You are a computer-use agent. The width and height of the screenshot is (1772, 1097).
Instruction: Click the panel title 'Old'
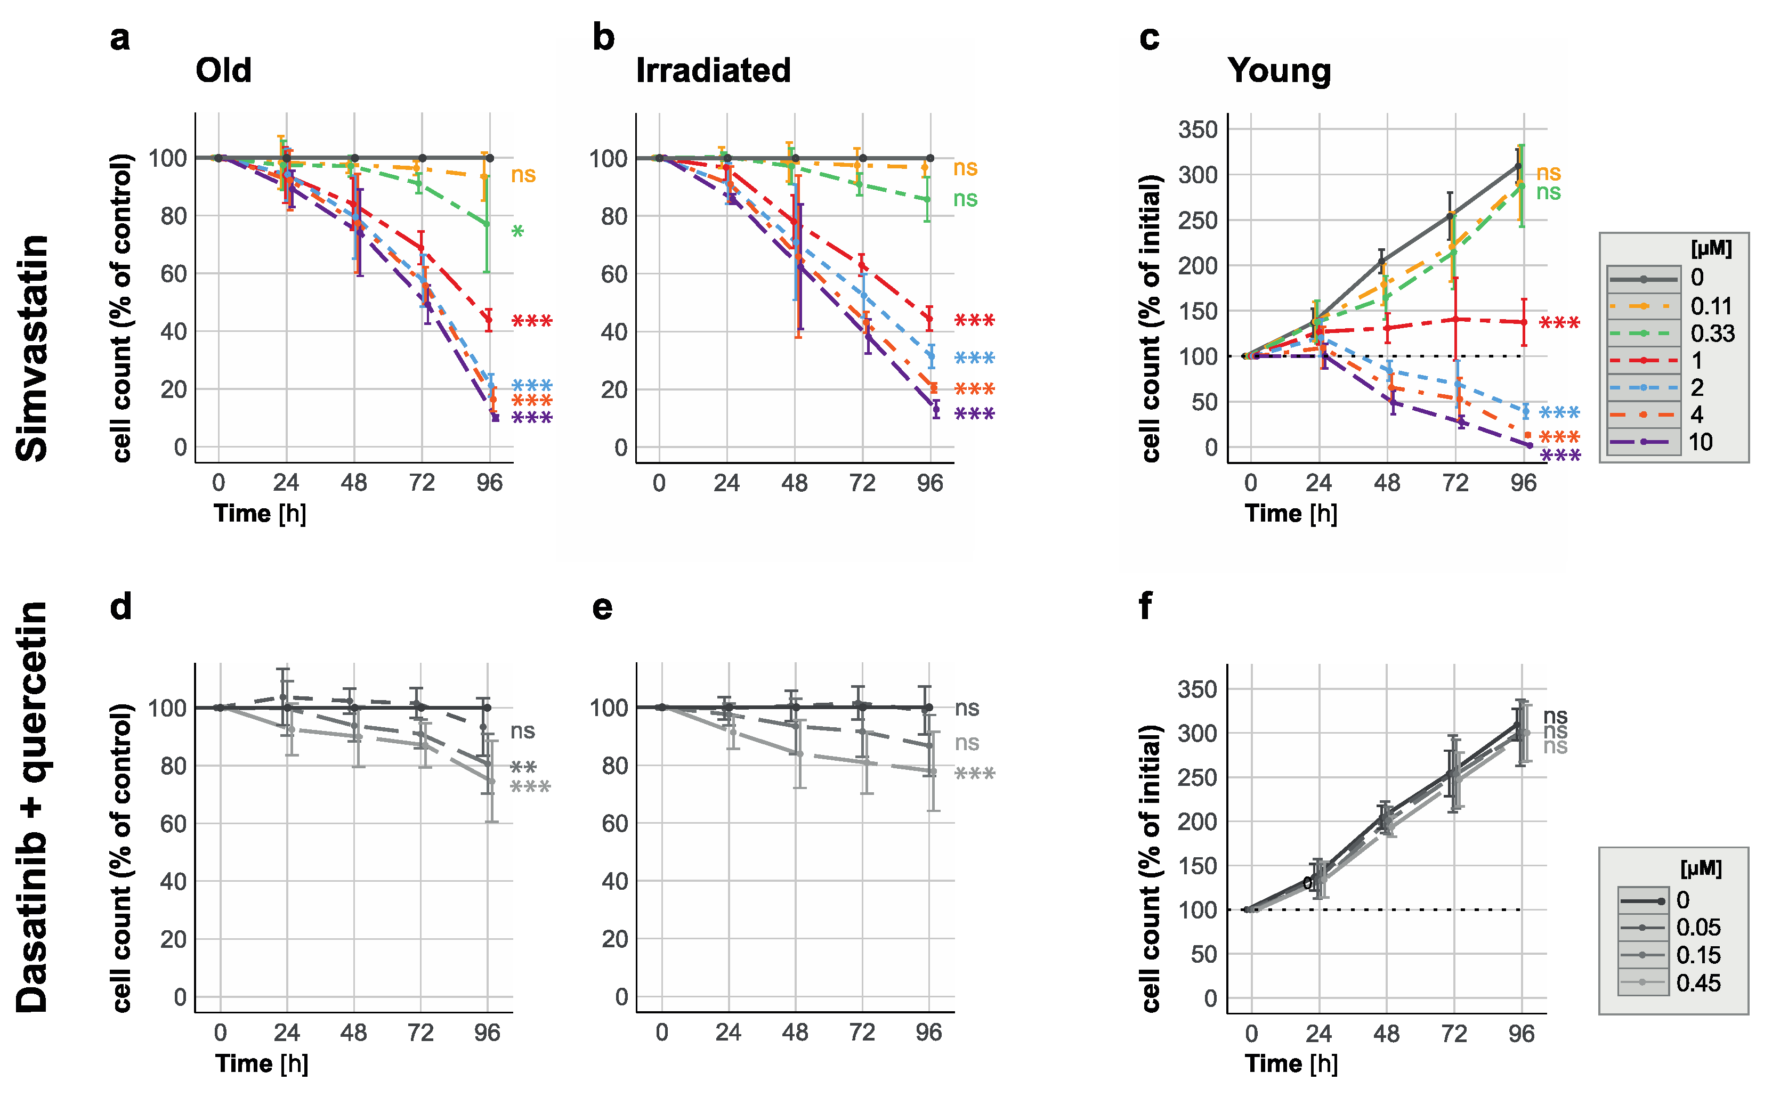point(223,71)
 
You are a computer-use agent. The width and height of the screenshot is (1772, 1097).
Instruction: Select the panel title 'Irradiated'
point(713,71)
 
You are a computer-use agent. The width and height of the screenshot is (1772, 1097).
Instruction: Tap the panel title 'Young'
point(1279,71)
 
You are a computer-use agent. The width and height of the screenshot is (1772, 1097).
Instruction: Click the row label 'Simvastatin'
point(33,348)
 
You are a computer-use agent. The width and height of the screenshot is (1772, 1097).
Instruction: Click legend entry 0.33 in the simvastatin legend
point(1712,334)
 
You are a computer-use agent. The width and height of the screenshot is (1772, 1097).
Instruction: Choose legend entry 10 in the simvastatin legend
point(1700,442)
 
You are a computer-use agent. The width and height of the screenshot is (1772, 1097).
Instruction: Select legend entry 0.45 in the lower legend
point(1698,983)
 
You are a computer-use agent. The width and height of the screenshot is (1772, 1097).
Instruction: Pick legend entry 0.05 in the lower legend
point(1698,927)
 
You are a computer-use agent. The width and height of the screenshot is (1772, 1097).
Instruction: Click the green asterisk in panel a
point(517,233)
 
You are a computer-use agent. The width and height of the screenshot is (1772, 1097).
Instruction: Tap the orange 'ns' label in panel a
point(523,175)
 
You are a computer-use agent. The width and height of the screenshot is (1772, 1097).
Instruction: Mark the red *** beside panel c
point(1559,323)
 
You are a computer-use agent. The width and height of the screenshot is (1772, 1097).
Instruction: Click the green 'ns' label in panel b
point(965,199)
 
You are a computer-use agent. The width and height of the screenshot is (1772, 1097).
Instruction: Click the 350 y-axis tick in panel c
point(1197,130)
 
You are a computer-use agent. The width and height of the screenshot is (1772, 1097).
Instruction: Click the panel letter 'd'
point(120,606)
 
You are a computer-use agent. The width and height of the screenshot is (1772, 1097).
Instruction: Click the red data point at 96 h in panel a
point(488,319)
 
